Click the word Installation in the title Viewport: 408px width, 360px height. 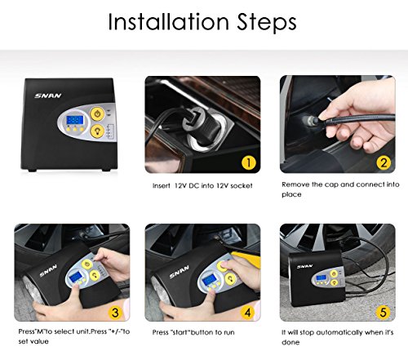click(169, 22)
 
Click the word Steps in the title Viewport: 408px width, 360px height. click(267, 23)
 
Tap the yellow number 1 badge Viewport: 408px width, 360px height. click(249, 162)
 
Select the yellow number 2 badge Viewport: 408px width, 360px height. click(384, 162)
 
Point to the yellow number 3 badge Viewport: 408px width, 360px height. click(115, 313)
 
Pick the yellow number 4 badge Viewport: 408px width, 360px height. click(247, 313)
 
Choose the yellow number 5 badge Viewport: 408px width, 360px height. click(383, 313)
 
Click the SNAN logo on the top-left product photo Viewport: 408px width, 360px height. click(48, 96)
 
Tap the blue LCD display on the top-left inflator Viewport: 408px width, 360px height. click(75, 120)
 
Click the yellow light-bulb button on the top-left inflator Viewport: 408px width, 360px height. click(97, 131)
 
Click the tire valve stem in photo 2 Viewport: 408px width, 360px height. click(311, 120)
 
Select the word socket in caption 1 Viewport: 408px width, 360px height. click(242, 186)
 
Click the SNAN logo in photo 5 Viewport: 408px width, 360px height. click(305, 267)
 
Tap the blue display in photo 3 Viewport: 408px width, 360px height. click(75, 278)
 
